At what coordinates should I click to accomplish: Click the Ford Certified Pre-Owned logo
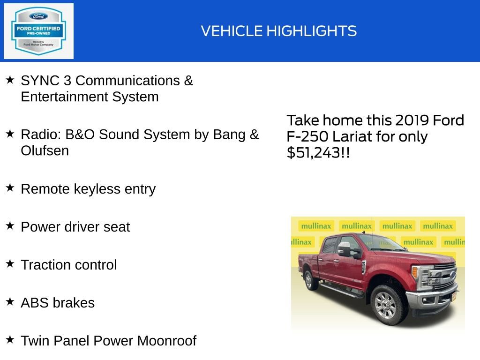(38, 31)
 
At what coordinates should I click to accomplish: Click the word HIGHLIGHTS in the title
(312, 31)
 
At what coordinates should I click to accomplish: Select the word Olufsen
(45, 151)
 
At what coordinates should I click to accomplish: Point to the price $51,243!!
(318, 153)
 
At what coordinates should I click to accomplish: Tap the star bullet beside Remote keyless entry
(10, 188)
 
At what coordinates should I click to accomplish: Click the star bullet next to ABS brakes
(10, 302)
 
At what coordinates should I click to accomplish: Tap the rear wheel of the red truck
(310, 280)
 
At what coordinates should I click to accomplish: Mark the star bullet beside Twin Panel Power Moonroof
(10, 340)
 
